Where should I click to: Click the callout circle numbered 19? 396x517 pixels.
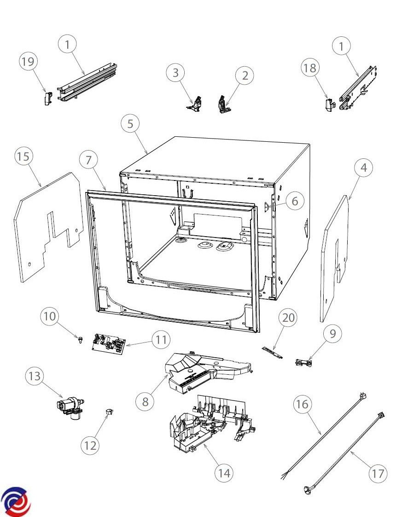point(28,62)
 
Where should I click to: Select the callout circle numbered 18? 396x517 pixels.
point(310,68)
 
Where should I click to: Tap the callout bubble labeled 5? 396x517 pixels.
point(130,124)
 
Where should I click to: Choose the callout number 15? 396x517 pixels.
point(23,157)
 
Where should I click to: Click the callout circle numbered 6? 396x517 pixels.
point(295,201)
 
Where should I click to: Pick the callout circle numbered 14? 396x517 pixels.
point(224,472)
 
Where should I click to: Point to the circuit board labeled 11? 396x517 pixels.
point(109,343)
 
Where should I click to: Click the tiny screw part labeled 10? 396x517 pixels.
point(81,340)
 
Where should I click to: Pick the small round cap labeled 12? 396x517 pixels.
point(110,411)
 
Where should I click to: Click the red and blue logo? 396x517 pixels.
point(16,501)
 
